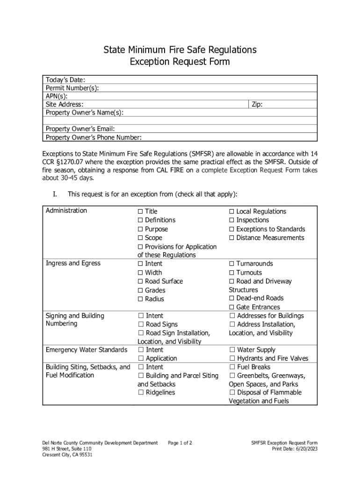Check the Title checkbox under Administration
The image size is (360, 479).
[140, 211]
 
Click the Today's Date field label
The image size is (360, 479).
[65, 80]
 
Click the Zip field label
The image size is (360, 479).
[257, 105]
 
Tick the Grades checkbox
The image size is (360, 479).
[140, 290]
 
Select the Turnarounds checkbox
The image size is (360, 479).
[232, 264]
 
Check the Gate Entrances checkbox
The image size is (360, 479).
[232, 307]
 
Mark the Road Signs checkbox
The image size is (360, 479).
[140, 325]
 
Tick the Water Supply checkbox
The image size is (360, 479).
[232, 350]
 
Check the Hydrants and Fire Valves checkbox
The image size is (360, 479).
[232, 359]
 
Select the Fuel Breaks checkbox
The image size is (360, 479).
[232, 367]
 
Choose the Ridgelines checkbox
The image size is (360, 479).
[140, 393]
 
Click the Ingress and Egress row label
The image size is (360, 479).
[73, 263]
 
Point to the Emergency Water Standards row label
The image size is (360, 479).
[86, 350]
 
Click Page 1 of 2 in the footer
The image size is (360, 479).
[180, 443]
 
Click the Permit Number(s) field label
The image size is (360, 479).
[72, 88]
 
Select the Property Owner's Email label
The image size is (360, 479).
[80, 129]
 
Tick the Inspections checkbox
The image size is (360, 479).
[232, 220]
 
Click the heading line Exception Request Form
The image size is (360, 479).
[180, 62]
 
